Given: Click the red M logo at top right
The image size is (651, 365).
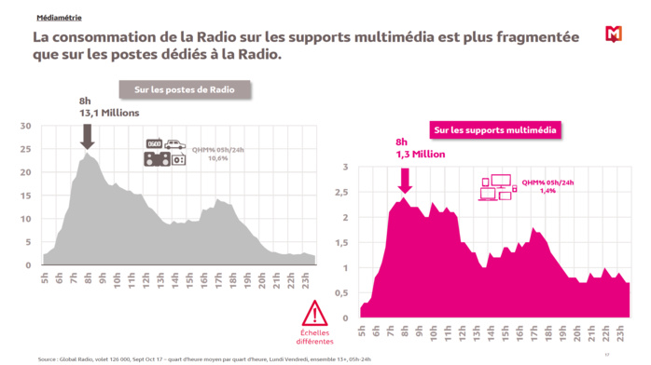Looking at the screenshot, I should tap(613, 34).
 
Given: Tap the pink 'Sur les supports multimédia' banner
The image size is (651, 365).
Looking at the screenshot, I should tap(494, 129).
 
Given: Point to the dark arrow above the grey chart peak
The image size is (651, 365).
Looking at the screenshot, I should tap(87, 136).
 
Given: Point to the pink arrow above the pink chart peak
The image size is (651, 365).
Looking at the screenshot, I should tap(403, 177).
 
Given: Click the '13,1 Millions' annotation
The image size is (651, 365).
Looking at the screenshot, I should tap(108, 113).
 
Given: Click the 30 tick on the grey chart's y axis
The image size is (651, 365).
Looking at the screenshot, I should tap(25, 127).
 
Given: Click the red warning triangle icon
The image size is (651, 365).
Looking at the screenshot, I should tap(315, 312).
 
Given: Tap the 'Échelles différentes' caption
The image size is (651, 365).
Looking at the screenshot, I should tap(315, 337).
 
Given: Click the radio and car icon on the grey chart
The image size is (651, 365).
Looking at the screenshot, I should tap(165, 153).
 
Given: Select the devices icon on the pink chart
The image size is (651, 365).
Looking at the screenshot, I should tap(496, 188).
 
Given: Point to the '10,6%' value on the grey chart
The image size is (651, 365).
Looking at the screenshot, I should tap(216, 158).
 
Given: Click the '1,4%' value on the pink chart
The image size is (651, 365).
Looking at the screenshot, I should tap(547, 190).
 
